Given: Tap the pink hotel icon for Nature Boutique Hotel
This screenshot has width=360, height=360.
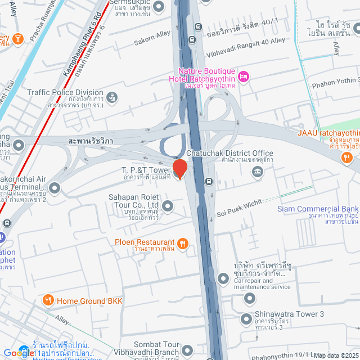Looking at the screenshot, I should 244,76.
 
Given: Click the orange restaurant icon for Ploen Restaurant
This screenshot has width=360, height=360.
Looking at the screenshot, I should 182,243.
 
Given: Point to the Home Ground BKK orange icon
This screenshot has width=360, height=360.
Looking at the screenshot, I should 48,300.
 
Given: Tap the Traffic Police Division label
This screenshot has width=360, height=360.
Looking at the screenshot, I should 65,93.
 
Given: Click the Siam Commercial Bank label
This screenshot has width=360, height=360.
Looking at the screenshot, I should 318,209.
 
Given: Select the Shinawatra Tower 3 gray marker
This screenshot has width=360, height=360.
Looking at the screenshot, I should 246,319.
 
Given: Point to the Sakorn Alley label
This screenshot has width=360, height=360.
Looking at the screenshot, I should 152,42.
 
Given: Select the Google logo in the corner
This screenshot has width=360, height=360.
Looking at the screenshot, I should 19,353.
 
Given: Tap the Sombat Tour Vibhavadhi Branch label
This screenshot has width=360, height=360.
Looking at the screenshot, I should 156,348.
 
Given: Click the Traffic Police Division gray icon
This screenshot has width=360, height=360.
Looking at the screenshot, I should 112,98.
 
